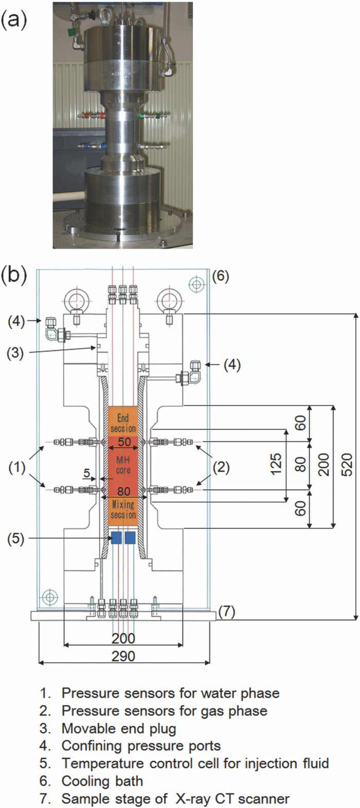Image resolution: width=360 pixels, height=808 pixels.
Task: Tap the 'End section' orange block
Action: pyautogui.click(x=123, y=423)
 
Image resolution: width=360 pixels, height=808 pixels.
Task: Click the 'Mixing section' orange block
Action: pyautogui.click(x=123, y=510)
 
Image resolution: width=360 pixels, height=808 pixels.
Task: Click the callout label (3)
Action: pyautogui.click(x=15, y=354)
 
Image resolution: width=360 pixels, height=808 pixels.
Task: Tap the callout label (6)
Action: pyautogui.click(x=221, y=276)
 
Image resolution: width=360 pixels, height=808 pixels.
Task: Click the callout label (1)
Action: pyautogui.click(x=17, y=468)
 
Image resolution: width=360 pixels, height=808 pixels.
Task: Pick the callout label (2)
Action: pyautogui.click(x=221, y=468)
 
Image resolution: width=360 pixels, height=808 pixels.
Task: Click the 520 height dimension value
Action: pyautogui.click(x=347, y=465)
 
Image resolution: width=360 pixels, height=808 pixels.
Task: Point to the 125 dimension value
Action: pyautogui.click(x=276, y=465)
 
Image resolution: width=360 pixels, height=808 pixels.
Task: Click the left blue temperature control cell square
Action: pyautogui.click(x=117, y=538)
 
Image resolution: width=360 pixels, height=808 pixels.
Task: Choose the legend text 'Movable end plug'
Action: pyautogui.click(x=118, y=728)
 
